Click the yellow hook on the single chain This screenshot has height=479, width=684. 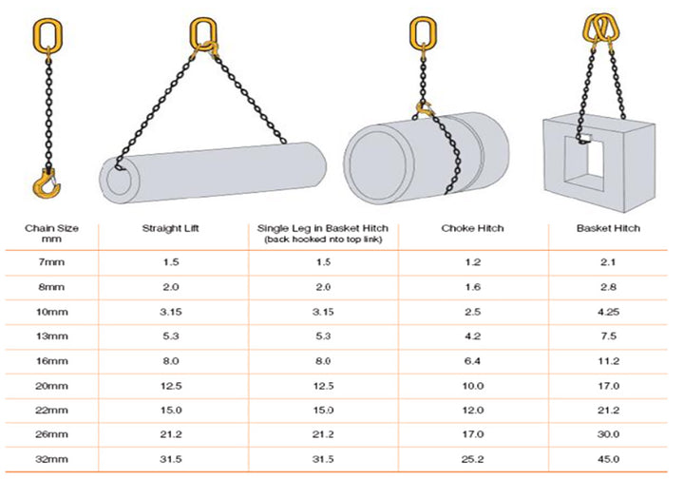click(47, 181)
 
